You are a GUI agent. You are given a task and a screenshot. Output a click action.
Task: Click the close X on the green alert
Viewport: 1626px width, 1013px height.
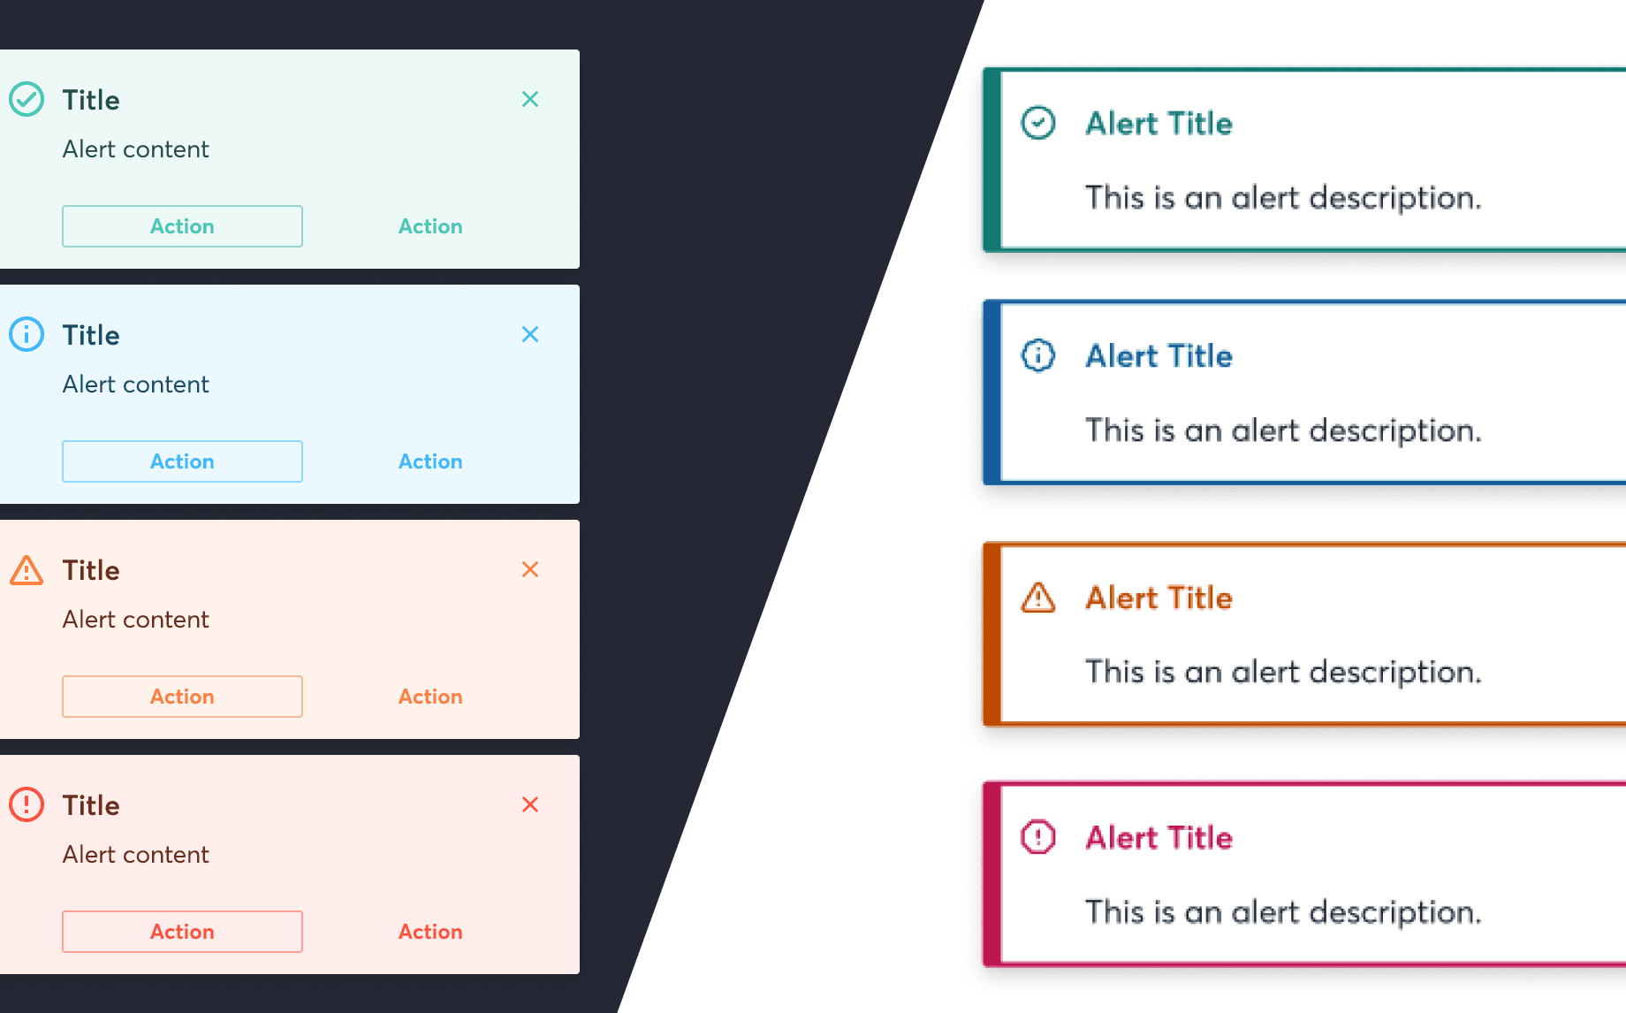[530, 99]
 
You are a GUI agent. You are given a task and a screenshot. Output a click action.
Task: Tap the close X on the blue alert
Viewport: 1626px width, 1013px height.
[530, 334]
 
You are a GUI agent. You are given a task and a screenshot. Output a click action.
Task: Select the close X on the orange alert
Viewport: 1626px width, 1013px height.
[530, 569]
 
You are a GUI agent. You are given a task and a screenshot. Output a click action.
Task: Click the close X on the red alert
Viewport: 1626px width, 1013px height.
[530, 804]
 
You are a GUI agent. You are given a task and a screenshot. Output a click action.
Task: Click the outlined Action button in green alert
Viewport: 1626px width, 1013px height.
[182, 226]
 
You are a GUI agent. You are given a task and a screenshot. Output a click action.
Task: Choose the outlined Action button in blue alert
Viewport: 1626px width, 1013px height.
[182, 461]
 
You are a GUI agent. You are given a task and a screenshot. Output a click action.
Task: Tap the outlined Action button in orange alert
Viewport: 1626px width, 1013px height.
[182, 697]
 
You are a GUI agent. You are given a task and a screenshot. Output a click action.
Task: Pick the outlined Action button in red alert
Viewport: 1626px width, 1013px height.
[182, 932]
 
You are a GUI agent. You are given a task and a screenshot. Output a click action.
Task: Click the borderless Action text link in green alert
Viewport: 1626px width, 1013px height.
[430, 226]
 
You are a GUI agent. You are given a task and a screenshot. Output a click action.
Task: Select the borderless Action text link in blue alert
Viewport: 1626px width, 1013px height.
[430, 461]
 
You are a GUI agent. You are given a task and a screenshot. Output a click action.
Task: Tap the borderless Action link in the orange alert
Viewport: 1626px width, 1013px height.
[430, 697]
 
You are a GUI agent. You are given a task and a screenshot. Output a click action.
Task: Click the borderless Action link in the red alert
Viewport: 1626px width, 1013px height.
[430, 932]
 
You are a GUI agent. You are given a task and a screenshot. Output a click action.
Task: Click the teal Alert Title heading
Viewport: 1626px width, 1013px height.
[1159, 123]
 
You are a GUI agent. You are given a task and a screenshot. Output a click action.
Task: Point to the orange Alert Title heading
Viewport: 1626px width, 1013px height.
[1159, 598]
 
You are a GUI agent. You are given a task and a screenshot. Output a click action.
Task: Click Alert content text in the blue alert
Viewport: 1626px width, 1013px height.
[136, 385]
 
